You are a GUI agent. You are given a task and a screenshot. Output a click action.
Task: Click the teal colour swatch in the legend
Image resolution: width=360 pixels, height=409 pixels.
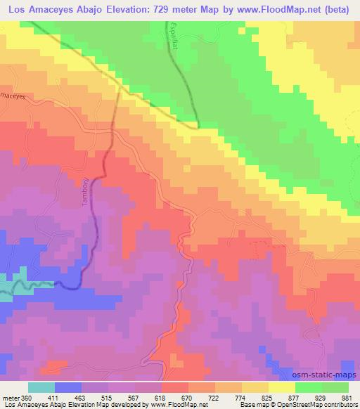coord(41,387)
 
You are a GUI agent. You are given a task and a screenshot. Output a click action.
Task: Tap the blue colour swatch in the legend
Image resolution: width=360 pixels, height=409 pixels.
coord(68,387)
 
